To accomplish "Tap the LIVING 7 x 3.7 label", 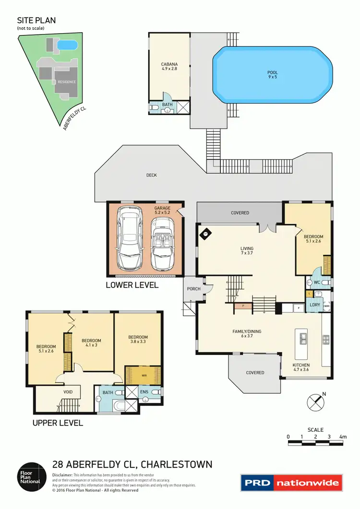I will coord(246,250).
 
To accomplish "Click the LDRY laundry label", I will coord(315,305).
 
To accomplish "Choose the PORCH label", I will coord(194,289).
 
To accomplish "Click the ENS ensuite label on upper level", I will coord(144,392).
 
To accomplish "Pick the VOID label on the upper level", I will coord(68,392).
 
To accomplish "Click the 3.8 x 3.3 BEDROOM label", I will coord(138,339).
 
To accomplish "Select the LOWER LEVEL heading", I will coord(132,285).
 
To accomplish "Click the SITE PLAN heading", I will coord(36,20).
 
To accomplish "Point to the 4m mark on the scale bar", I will coord(343,437).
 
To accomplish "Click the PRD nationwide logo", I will coord(292,483).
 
